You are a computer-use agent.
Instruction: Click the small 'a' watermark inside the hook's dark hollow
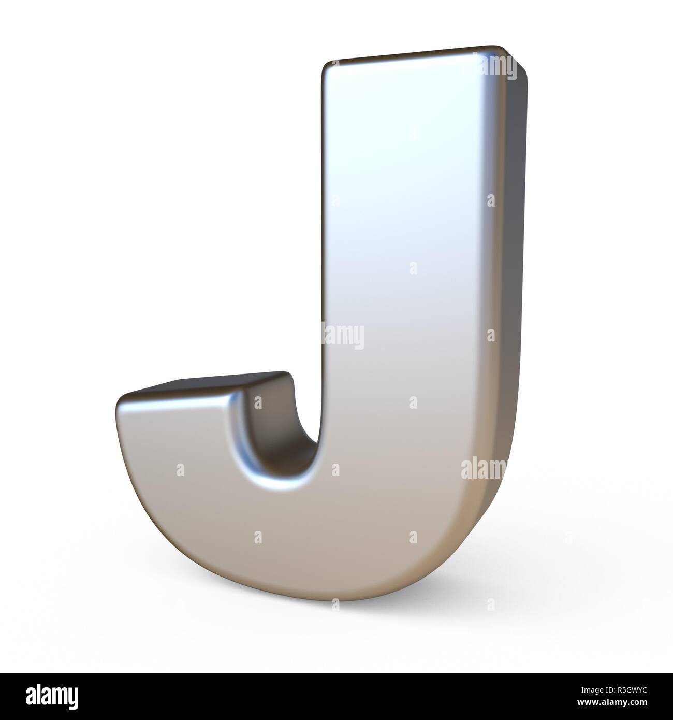(257, 401)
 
